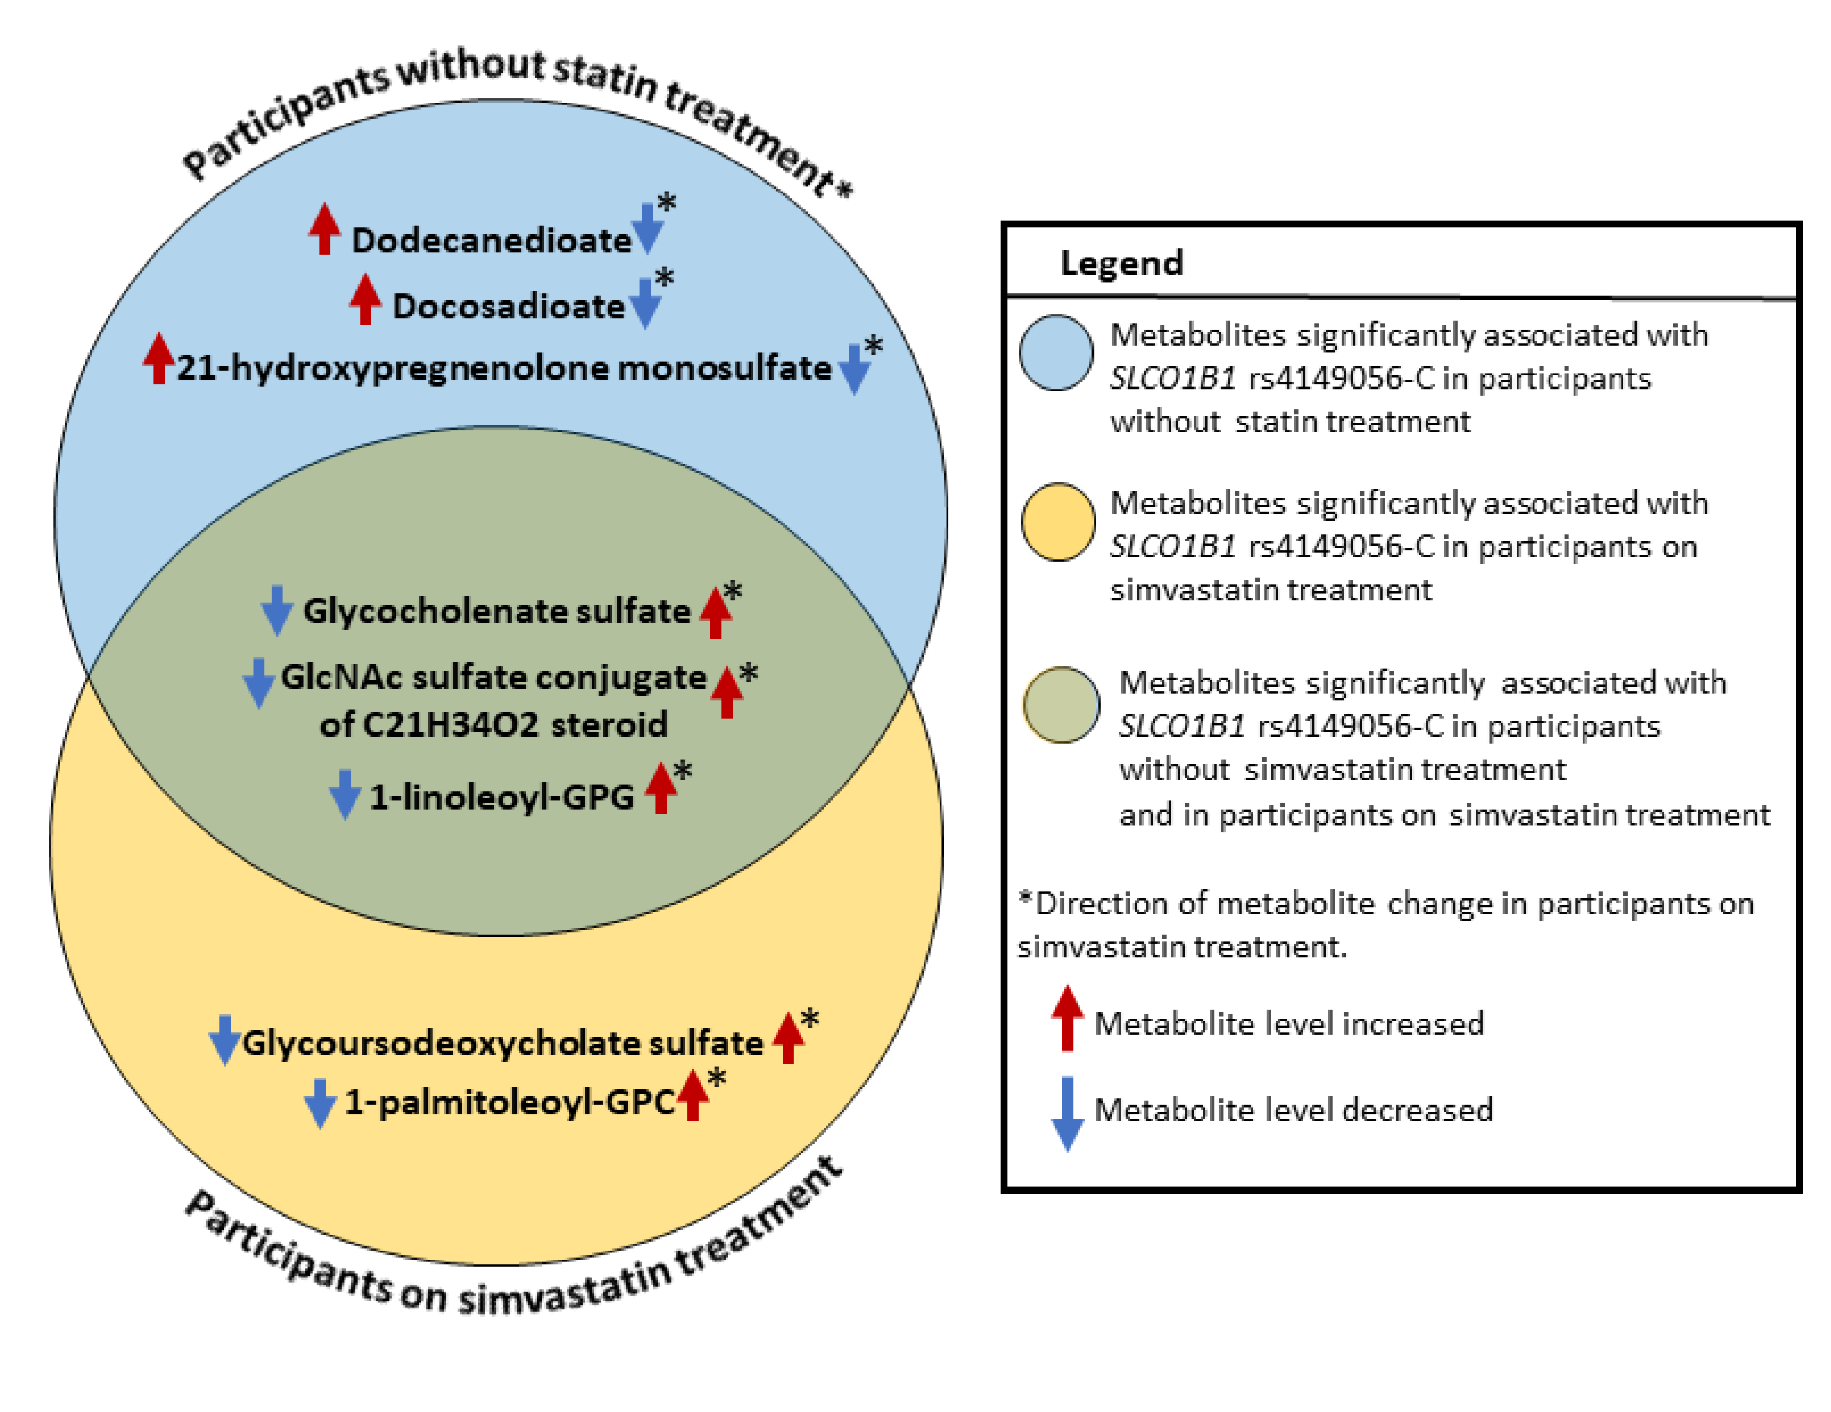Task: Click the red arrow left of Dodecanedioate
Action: coord(325,228)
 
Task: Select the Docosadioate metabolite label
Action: coord(508,307)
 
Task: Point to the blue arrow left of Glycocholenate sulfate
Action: coord(277,611)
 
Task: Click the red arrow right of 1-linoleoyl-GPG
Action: coord(661,787)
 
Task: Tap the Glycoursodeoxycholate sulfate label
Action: coord(502,1043)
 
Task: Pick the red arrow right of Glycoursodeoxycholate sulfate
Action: coord(787,1038)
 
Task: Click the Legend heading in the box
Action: coord(1122,263)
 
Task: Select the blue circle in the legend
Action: coord(1056,353)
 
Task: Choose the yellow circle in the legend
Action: coord(1058,521)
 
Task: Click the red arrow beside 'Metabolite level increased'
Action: coord(1067,1018)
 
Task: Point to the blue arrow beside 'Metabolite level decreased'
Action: coord(1067,1113)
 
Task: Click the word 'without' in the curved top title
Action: coord(471,69)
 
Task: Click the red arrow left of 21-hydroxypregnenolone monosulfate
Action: coord(158,359)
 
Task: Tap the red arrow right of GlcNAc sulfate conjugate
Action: coord(726,691)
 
